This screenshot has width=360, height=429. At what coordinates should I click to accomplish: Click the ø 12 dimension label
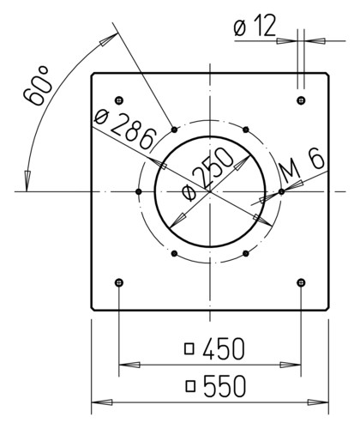[x=255, y=26]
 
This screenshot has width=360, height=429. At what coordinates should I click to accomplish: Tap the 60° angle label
[x=37, y=86]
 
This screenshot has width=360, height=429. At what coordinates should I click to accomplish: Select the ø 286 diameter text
[x=125, y=130]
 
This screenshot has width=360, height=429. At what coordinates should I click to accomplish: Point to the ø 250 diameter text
[x=207, y=174]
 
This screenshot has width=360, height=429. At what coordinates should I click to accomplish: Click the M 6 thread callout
[x=303, y=167]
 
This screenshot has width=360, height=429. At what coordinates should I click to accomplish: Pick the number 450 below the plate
[x=224, y=348]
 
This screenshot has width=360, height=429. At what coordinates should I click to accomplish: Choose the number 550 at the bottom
[x=225, y=386]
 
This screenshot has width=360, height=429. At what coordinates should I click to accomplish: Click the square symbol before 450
[x=189, y=349]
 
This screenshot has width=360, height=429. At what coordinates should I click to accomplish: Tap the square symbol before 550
[x=190, y=386]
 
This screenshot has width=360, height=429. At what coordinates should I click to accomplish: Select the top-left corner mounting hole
[x=119, y=100]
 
